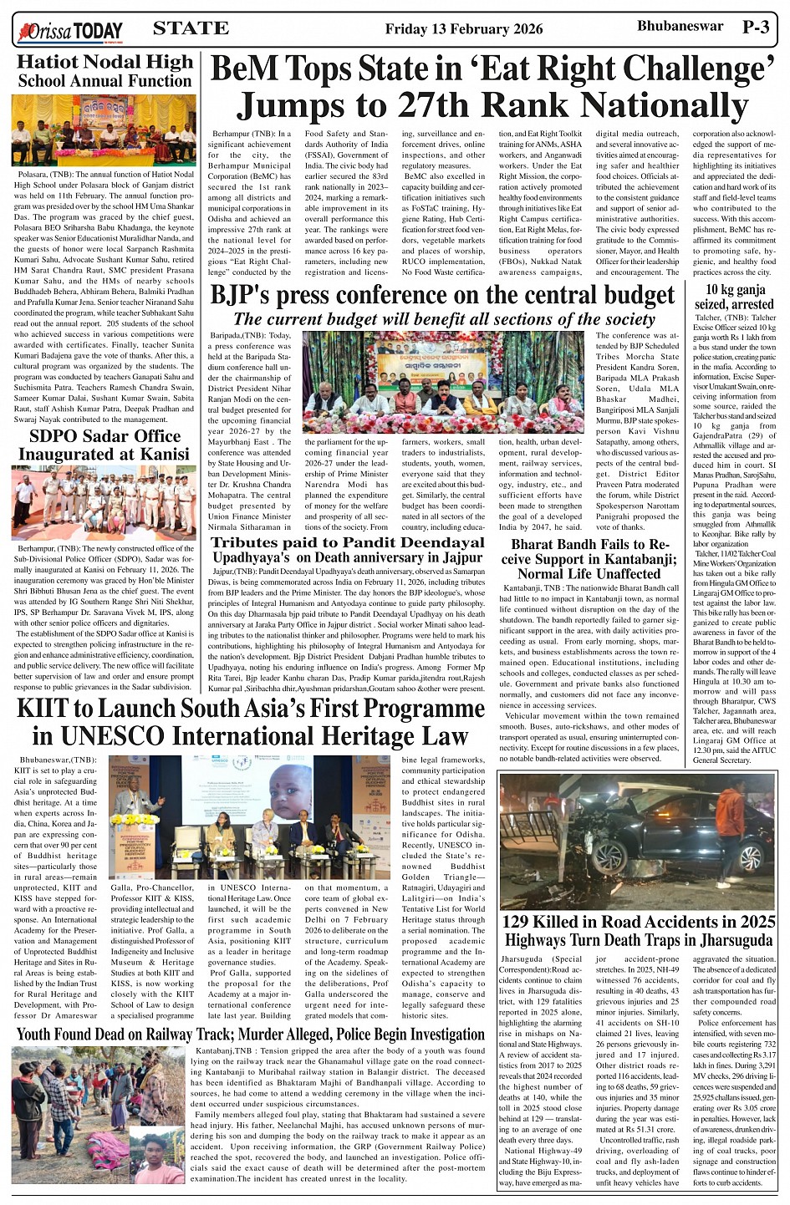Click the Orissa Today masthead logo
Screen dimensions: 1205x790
point(70,32)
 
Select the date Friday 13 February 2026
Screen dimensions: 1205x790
point(463,29)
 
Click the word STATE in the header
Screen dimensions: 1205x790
point(191,28)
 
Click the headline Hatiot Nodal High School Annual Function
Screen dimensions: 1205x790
point(104,71)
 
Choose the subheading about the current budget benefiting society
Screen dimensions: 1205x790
point(444,319)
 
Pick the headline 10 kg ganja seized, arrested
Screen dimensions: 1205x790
point(735,297)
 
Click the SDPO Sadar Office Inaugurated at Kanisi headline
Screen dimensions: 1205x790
point(104,445)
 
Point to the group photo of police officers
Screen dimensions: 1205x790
point(104,502)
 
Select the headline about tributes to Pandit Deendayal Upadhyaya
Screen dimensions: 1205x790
point(347,550)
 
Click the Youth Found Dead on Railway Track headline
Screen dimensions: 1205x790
point(251,1035)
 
